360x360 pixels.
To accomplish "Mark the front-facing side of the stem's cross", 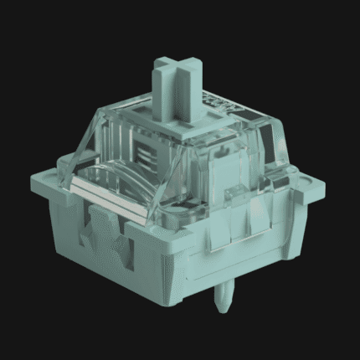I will coord(167,92).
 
